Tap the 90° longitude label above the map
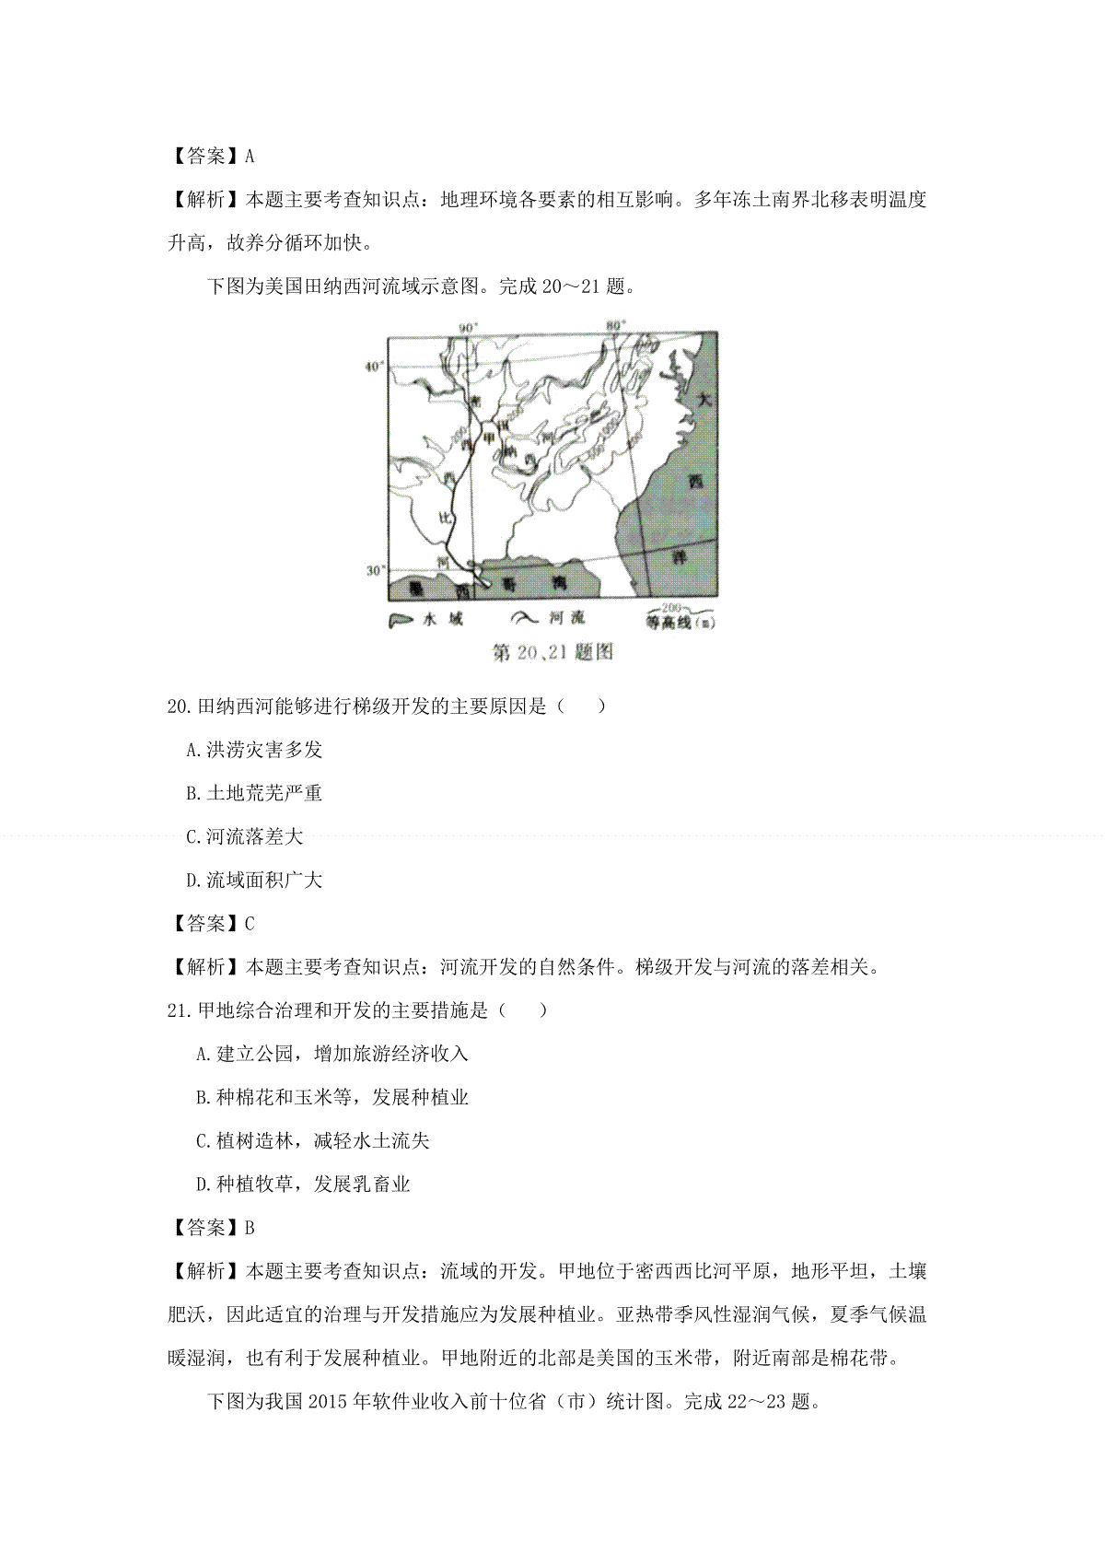[x=470, y=327]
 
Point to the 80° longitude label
[x=616, y=324]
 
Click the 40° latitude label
[x=374, y=367]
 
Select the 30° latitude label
[x=375, y=570]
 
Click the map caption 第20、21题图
[x=552, y=652]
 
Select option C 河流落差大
[x=245, y=836]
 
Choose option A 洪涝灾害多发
[x=255, y=750]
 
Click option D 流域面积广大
[x=255, y=880]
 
